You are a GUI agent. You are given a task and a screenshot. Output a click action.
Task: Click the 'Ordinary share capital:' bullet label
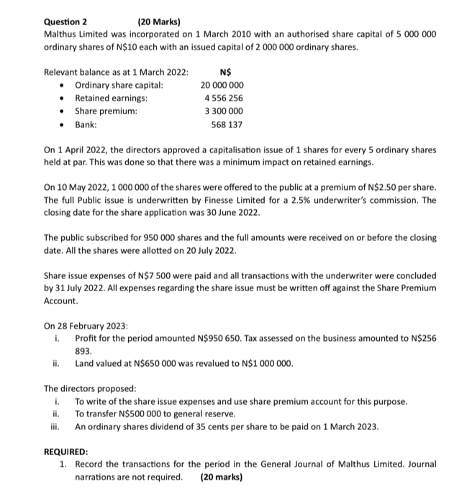(119, 85)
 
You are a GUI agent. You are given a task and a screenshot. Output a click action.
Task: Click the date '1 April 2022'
(85, 150)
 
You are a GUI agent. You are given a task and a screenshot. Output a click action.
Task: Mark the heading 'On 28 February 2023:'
(86, 325)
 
